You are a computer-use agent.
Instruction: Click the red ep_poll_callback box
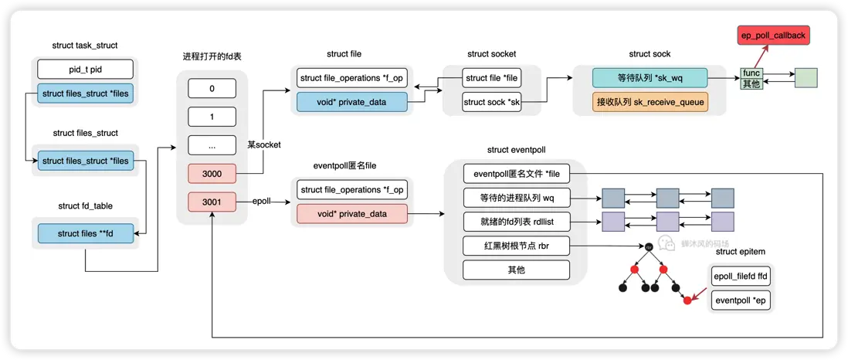click(x=772, y=36)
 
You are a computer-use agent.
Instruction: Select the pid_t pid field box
click(x=86, y=70)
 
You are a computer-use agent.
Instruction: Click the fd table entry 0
click(x=212, y=89)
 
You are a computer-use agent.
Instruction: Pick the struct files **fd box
click(x=86, y=233)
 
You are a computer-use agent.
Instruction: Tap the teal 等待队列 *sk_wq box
click(x=650, y=78)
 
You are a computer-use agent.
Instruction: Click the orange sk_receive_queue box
click(x=650, y=101)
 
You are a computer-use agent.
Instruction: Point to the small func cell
click(x=751, y=73)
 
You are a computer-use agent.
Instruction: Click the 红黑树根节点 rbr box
click(x=516, y=246)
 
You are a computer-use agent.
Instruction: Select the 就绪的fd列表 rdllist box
click(x=516, y=222)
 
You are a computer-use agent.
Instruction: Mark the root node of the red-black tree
click(x=649, y=246)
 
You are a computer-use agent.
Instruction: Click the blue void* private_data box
click(x=351, y=101)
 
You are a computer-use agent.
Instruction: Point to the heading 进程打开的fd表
click(x=212, y=57)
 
